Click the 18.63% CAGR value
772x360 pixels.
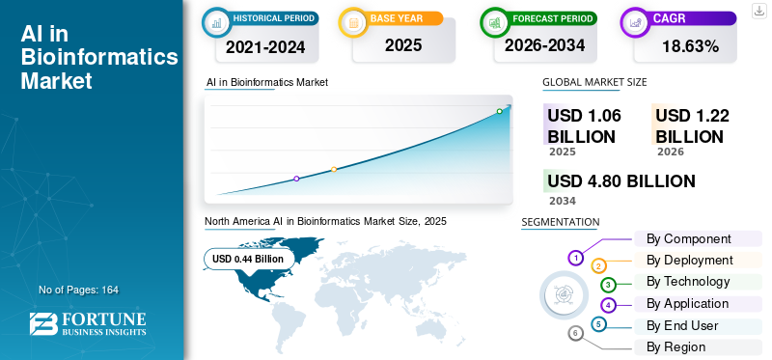[689, 45]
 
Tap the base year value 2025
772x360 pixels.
[403, 44]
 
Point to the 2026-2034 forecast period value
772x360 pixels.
[545, 44]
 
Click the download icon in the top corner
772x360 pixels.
[758, 11]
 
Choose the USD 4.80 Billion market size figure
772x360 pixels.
[620, 180]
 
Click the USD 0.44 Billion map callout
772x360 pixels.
[248, 259]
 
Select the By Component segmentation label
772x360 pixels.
[688, 238]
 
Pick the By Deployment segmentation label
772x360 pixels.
[689, 260]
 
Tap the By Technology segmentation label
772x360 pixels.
[688, 281]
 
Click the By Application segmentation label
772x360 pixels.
[687, 303]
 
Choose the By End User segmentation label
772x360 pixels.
[682, 325]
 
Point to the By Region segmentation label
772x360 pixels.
[675, 346]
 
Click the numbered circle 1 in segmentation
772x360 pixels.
[576, 258]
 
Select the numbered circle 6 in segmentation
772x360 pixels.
[576, 333]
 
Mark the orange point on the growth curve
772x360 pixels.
[334, 170]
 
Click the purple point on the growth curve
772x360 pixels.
[296, 179]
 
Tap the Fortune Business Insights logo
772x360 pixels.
[88, 324]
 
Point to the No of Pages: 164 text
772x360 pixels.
[78, 290]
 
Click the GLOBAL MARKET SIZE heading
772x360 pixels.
[594, 82]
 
